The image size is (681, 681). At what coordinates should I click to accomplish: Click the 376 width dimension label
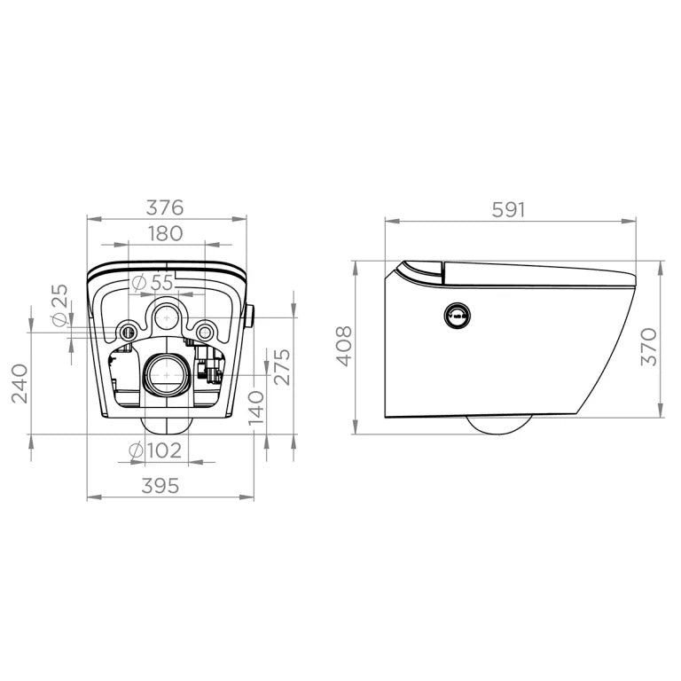[x=165, y=207]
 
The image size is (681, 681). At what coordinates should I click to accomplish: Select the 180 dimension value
[x=166, y=234]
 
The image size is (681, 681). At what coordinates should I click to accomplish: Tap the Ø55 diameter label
[x=153, y=283]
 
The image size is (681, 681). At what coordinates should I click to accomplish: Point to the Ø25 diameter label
[x=60, y=305]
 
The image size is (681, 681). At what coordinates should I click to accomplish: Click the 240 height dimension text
[x=20, y=383]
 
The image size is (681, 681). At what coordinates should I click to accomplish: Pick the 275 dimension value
[x=282, y=367]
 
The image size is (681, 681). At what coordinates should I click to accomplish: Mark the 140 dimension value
[x=256, y=408]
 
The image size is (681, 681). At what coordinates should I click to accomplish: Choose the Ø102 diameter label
[x=155, y=450]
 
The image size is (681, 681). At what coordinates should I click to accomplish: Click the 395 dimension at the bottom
[x=160, y=486]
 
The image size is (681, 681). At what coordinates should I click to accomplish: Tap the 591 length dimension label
[x=509, y=210]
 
